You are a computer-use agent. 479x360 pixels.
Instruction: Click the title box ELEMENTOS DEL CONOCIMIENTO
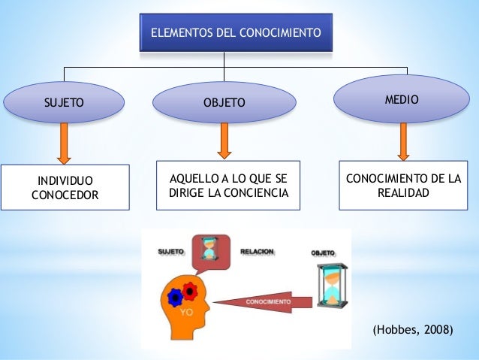tap(236, 33)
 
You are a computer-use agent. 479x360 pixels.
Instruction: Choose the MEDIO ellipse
tap(402, 99)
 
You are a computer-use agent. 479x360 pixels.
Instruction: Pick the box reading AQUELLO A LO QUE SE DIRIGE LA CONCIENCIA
tap(228, 186)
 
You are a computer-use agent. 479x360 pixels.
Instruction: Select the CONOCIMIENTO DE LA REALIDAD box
tap(403, 186)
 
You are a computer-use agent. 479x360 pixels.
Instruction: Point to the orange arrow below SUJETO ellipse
tap(64, 143)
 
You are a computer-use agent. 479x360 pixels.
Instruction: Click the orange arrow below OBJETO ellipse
tap(224, 141)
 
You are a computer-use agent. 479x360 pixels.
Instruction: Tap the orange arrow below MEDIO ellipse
tap(404, 141)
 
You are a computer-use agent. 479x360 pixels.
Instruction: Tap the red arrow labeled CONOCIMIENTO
tap(266, 301)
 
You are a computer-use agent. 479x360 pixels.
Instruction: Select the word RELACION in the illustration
tap(257, 252)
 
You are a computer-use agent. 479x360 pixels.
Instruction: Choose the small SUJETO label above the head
tap(171, 252)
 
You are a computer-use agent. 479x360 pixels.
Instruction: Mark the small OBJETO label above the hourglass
tap(323, 254)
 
